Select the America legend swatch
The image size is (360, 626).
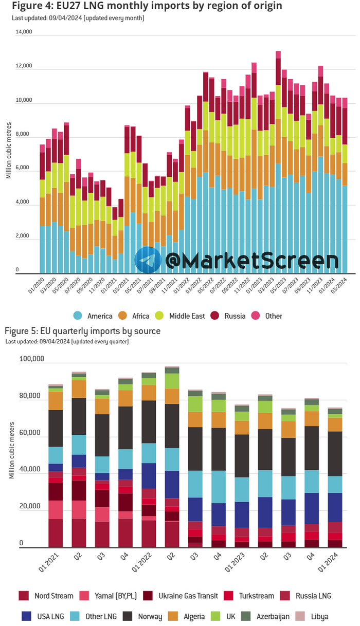point(78,316)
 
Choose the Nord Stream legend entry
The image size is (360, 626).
point(41,596)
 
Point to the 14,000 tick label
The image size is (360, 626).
point(24,32)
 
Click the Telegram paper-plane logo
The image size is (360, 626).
point(149,260)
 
